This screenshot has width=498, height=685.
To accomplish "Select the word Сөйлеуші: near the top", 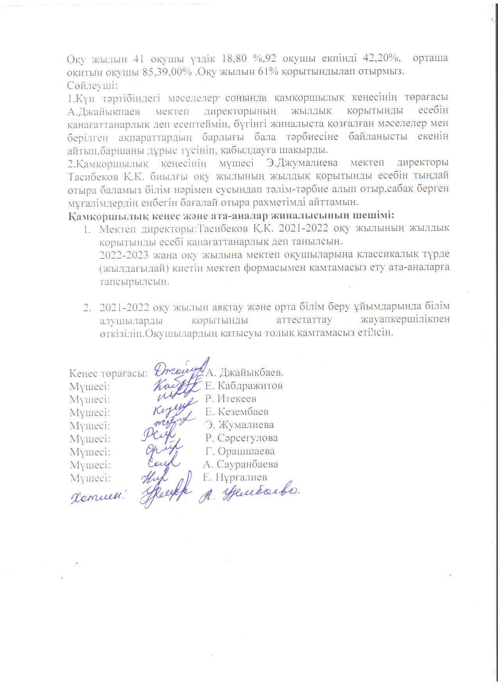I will click(x=92, y=85).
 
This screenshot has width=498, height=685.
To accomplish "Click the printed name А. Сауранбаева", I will click(x=241, y=464).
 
